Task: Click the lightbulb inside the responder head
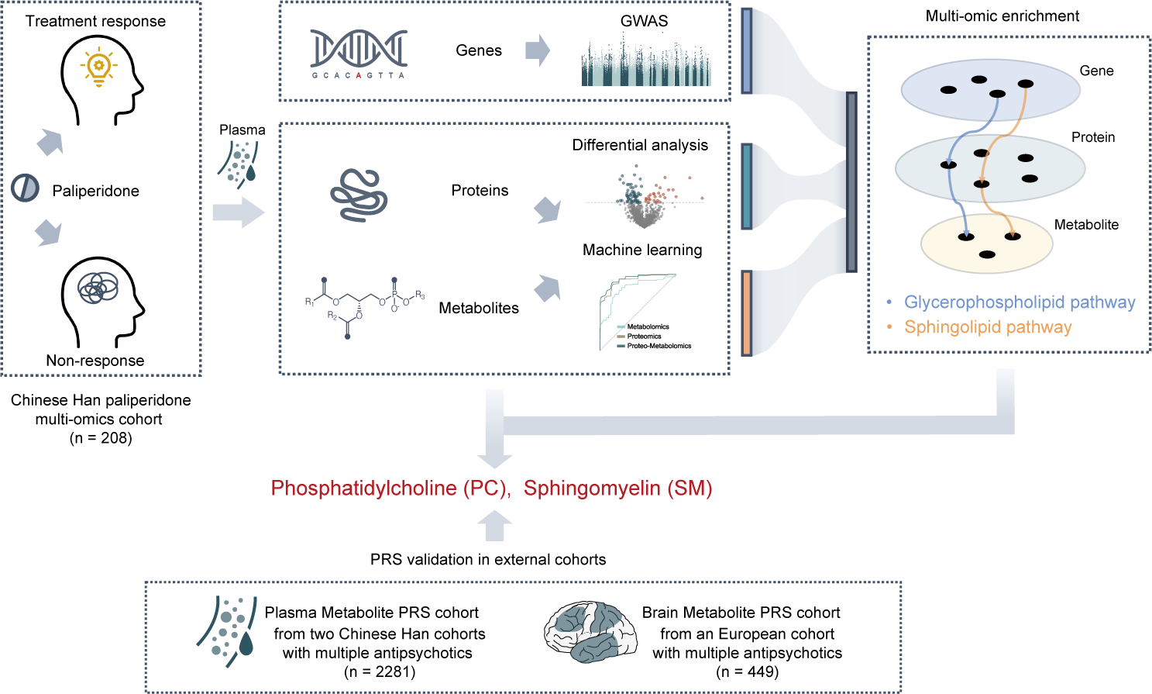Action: point(98,67)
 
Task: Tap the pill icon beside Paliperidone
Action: point(25,188)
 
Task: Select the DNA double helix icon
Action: point(359,49)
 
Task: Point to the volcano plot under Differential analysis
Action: point(644,199)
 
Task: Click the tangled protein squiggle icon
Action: point(359,195)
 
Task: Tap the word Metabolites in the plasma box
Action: point(479,308)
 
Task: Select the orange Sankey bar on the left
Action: point(747,312)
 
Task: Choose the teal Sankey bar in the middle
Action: point(747,186)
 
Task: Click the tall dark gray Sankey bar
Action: point(851,182)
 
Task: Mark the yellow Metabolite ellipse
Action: point(986,244)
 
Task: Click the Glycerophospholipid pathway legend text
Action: point(1020,302)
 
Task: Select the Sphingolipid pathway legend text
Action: point(988,327)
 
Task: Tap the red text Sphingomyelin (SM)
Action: point(617,489)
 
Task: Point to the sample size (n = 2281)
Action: point(380,672)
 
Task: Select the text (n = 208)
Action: point(101,438)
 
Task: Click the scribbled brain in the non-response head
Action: point(98,288)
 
